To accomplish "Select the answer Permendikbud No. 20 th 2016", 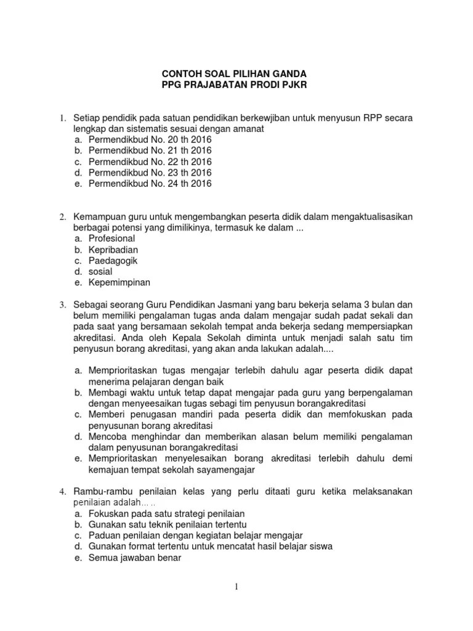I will [x=150, y=139].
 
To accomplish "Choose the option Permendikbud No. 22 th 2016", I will [x=150, y=161].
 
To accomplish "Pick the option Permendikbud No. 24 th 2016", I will [x=150, y=184].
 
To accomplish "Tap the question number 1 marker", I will [x=62, y=117].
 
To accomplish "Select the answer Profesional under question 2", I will [x=111, y=238].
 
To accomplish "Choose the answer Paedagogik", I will [x=113, y=261].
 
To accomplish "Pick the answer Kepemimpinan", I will [x=119, y=283].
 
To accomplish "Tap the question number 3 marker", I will [x=62, y=305].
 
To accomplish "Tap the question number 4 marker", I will [x=62, y=492].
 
